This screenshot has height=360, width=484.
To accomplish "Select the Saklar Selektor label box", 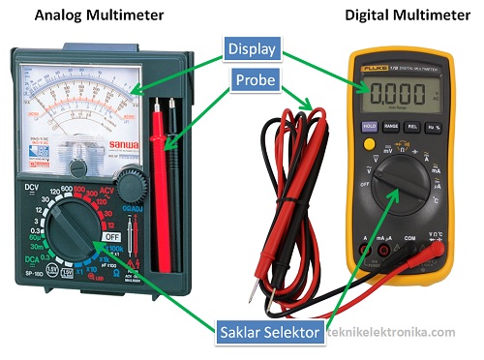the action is [270, 333].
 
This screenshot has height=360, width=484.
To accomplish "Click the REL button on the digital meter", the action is [412, 126].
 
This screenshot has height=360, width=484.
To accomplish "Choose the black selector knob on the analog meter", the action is [73, 225].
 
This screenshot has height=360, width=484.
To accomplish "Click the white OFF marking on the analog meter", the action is [112, 235].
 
